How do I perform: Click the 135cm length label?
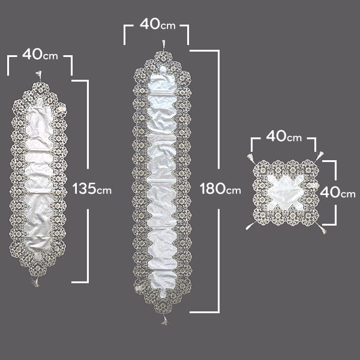point(92,189)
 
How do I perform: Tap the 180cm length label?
point(221,189)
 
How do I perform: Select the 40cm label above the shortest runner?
point(40,55)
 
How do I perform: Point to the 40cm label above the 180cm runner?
point(157,24)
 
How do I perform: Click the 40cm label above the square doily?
point(284,136)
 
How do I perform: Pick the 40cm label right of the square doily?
point(337,192)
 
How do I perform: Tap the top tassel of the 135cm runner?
point(39,75)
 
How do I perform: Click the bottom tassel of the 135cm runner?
point(36,283)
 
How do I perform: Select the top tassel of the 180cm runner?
point(163,44)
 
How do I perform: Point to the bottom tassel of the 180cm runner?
point(164,320)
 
